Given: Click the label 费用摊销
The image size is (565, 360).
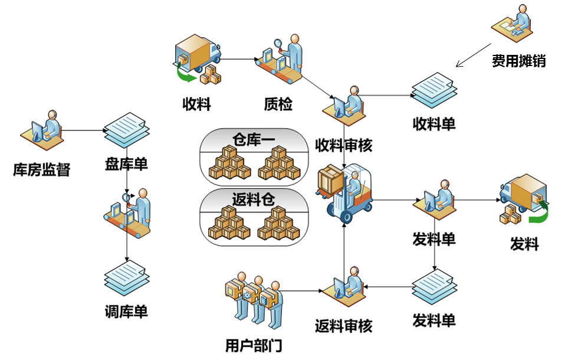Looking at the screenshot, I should tap(518, 61).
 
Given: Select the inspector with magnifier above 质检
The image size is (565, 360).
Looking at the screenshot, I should tap(282, 57).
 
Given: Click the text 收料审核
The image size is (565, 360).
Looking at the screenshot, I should tap(344, 145).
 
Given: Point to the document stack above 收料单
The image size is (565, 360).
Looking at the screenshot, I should tap(434, 90).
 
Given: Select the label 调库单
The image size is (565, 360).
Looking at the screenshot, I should tap(126, 311).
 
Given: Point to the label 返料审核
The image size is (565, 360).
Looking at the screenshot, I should tap(344, 325).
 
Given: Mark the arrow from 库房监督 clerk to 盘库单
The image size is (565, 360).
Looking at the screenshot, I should tap(83, 130).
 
